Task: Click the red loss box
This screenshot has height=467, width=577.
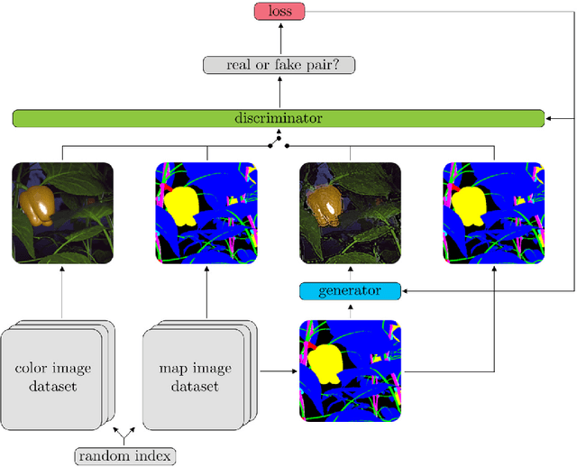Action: (279, 11)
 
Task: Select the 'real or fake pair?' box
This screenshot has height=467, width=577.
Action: (279, 64)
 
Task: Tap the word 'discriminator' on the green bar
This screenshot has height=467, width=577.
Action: (279, 118)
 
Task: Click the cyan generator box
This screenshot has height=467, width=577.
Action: (351, 291)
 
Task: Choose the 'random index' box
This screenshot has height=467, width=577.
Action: (124, 456)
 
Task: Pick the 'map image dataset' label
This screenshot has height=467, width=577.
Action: (195, 377)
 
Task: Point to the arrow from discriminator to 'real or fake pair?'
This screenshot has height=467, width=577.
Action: (279, 91)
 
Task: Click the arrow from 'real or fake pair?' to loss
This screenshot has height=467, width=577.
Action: (279, 38)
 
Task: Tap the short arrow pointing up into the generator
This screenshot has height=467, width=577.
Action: (351, 309)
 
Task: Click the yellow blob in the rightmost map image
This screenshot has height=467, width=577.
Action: (470, 205)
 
